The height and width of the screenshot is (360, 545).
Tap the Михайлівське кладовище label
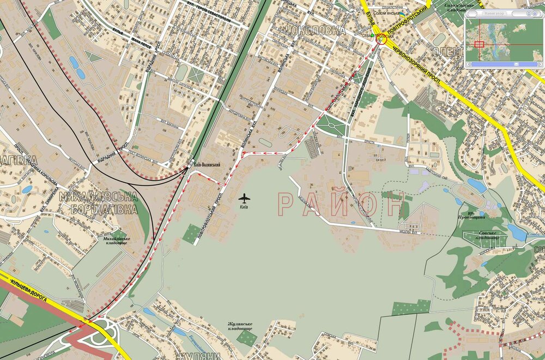tap(112, 241)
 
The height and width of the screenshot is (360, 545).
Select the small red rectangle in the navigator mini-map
tap(479, 44)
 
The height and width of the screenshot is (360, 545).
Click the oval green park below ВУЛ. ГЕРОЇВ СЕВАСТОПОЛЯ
tap(181, 71)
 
